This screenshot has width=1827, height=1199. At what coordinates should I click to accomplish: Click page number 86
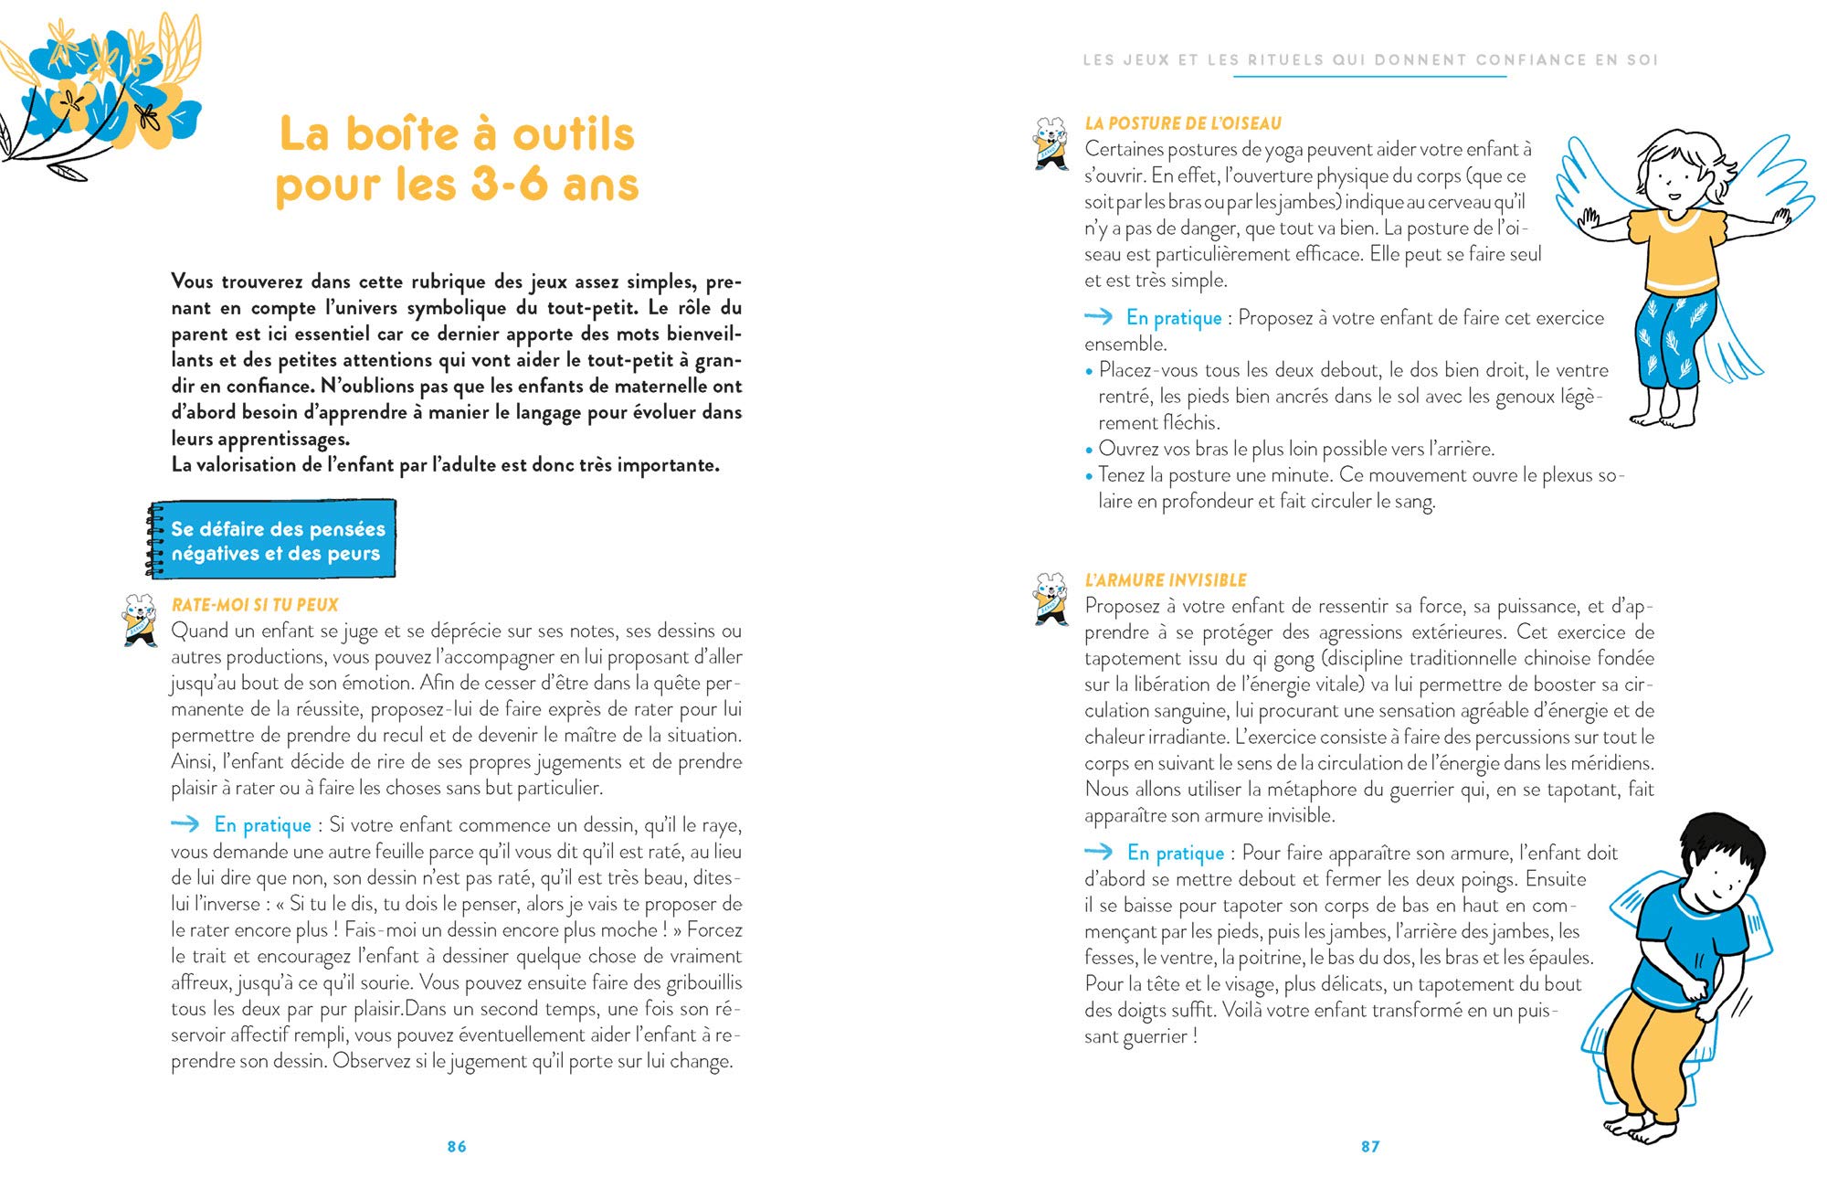(457, 1146)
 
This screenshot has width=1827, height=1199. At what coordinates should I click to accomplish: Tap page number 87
(1370, 1146)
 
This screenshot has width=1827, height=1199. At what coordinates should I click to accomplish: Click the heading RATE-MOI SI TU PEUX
(255, 605)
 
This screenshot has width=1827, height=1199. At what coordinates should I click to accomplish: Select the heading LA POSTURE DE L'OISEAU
(1183, 123)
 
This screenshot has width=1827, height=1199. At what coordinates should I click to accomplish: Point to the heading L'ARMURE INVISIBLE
(1166, 580)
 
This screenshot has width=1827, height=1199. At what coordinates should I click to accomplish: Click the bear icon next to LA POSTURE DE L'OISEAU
(1051, 143)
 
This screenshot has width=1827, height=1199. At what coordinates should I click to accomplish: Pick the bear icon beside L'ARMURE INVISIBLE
(1051, 599)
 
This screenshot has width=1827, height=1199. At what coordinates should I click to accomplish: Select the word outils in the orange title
(574, 134)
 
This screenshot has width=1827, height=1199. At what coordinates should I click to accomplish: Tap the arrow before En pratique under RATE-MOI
(185, 824)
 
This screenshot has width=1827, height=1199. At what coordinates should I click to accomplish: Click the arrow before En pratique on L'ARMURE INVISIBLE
(1099, 852)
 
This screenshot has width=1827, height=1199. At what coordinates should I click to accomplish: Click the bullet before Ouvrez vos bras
(1089, 450)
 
